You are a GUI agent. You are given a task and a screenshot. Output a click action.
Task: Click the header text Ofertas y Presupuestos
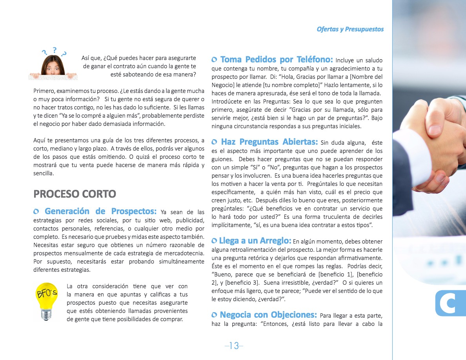(x=350, y=29)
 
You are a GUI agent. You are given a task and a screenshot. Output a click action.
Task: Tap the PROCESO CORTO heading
(x=75, y=194)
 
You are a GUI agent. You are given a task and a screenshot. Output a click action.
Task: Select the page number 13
(x=234, y=345)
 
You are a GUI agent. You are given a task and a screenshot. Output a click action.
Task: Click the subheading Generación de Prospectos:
(x=100, y=212)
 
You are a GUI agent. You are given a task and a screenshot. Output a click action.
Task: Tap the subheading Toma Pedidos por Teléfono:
(x=277, y=60)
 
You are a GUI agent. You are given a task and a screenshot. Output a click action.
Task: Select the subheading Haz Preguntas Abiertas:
(x=269, y=142)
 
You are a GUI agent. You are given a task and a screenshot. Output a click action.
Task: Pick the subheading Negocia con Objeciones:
(x=268, y=315)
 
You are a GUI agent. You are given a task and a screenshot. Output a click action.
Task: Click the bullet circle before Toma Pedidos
(x=214, y=60)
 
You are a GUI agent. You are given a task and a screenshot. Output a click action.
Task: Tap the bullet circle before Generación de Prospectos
(x=36, y=212)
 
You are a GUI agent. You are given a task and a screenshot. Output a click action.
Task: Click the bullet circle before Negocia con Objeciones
(x=214, y=315)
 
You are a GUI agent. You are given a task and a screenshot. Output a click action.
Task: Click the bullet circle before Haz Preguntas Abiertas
(x=214, y=142)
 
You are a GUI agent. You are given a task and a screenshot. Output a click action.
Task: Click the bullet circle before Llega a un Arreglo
(x=214, y=241)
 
